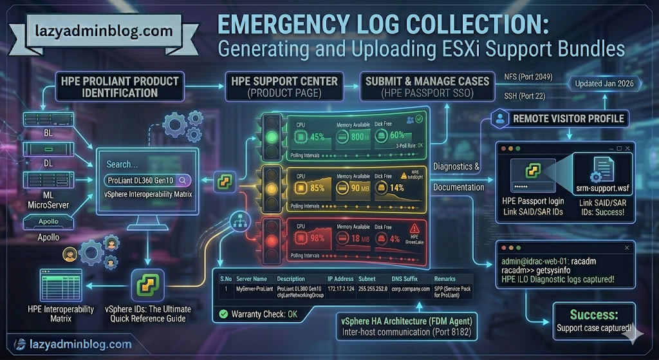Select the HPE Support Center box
[283, 86]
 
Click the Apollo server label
[48, 236]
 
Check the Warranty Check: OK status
[259, 314]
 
